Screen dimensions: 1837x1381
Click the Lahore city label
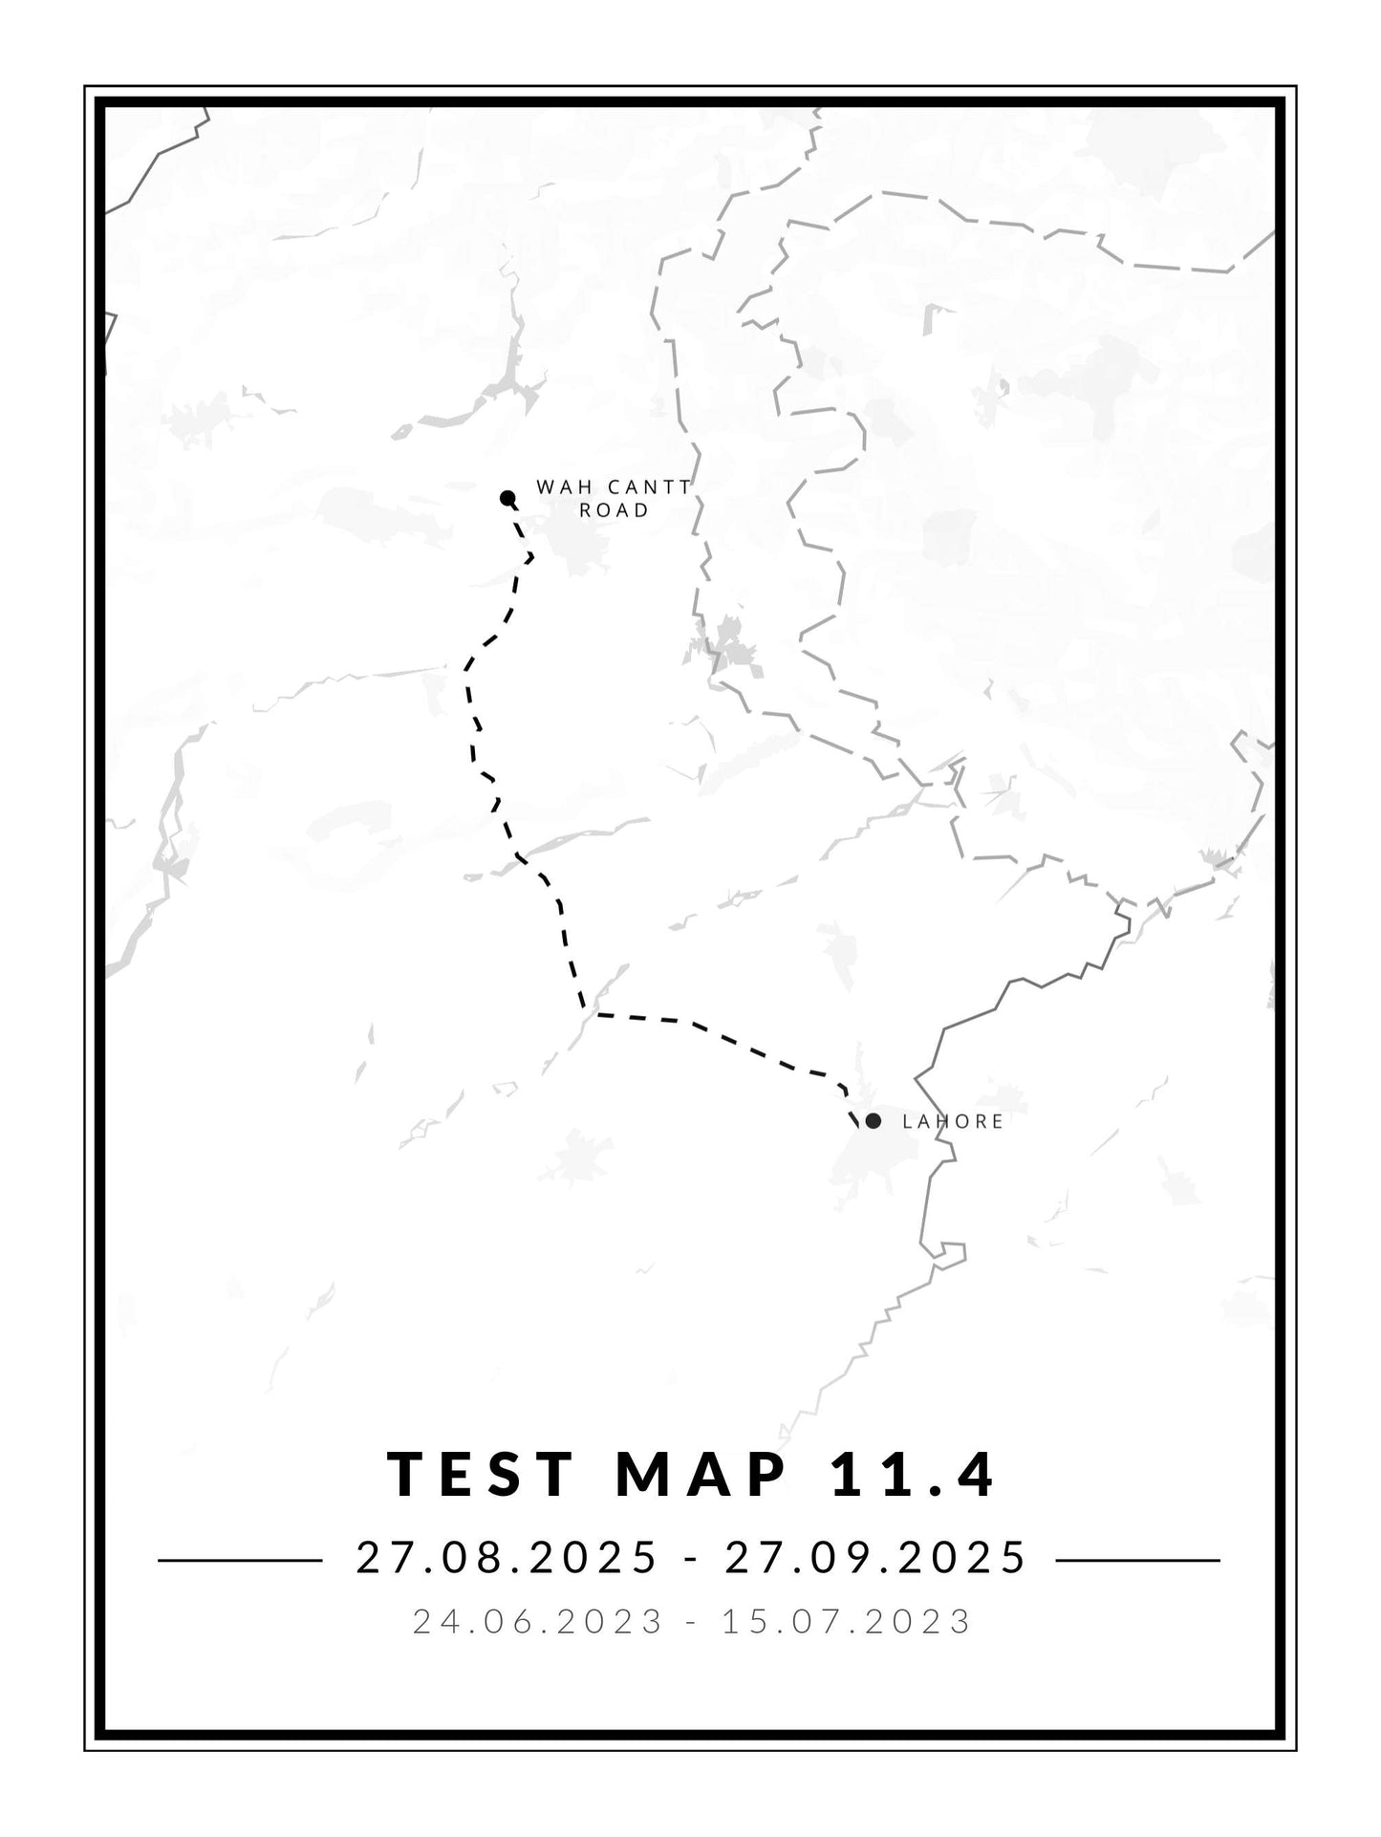point(953,1122)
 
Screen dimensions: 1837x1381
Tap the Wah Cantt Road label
point(614,498)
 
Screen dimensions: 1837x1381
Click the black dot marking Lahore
point(873,1121)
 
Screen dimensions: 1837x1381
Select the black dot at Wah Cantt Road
point(507,497)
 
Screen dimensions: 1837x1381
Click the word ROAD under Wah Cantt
point(615,510)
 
